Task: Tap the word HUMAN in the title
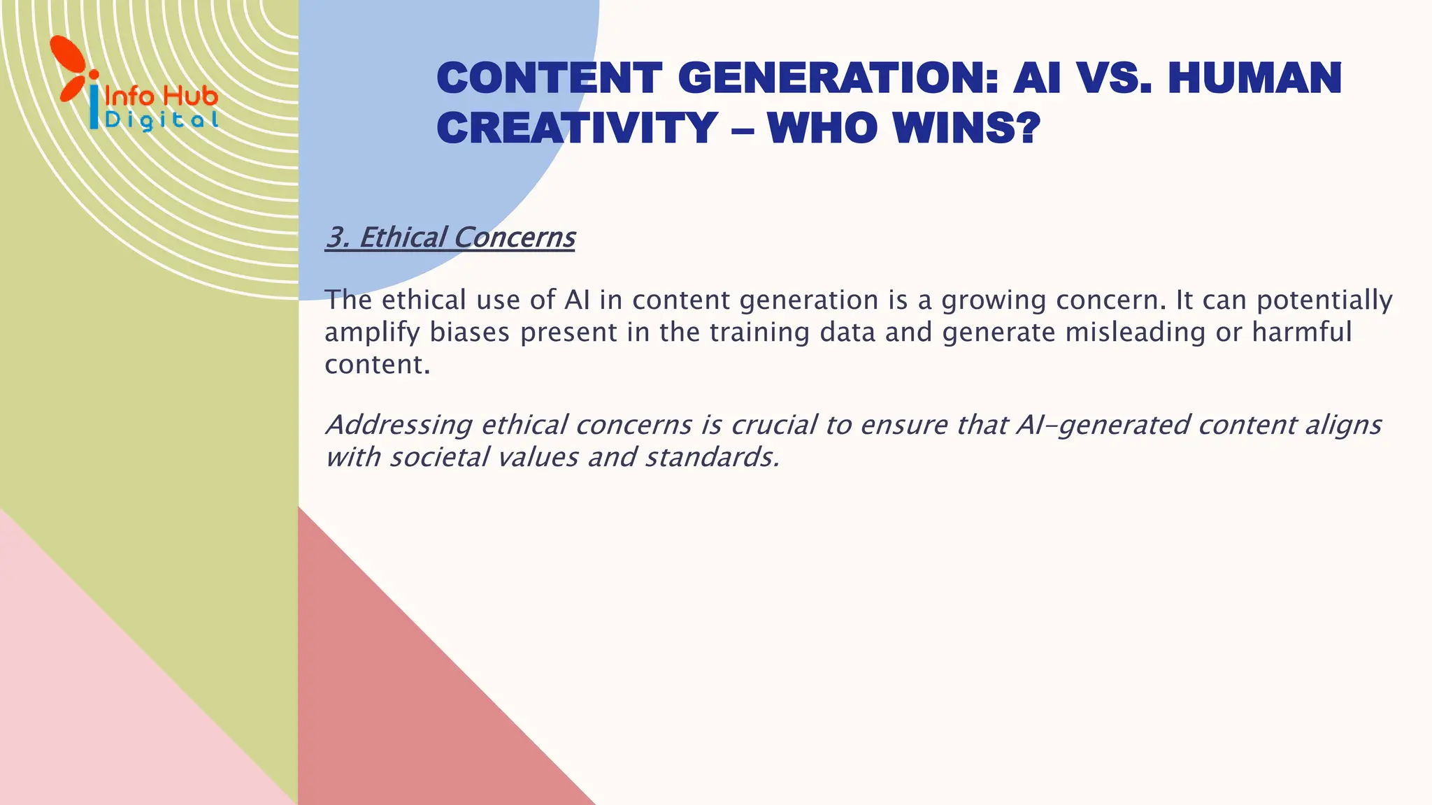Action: pyautogui.click(x=1254, y=78)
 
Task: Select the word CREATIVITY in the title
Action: pyautogui.click(x=578, y=128)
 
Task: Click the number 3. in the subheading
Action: pyautogui.click(x=338, y=238)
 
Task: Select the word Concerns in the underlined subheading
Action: pyautogui.click(x=515, y=238)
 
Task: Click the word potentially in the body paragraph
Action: pyautogui.click(x=1324, y=300)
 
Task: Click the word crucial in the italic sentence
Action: pyautogui.click(x=774, y=425)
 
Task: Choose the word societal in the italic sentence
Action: pyautogui.click(x=438, y=458)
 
